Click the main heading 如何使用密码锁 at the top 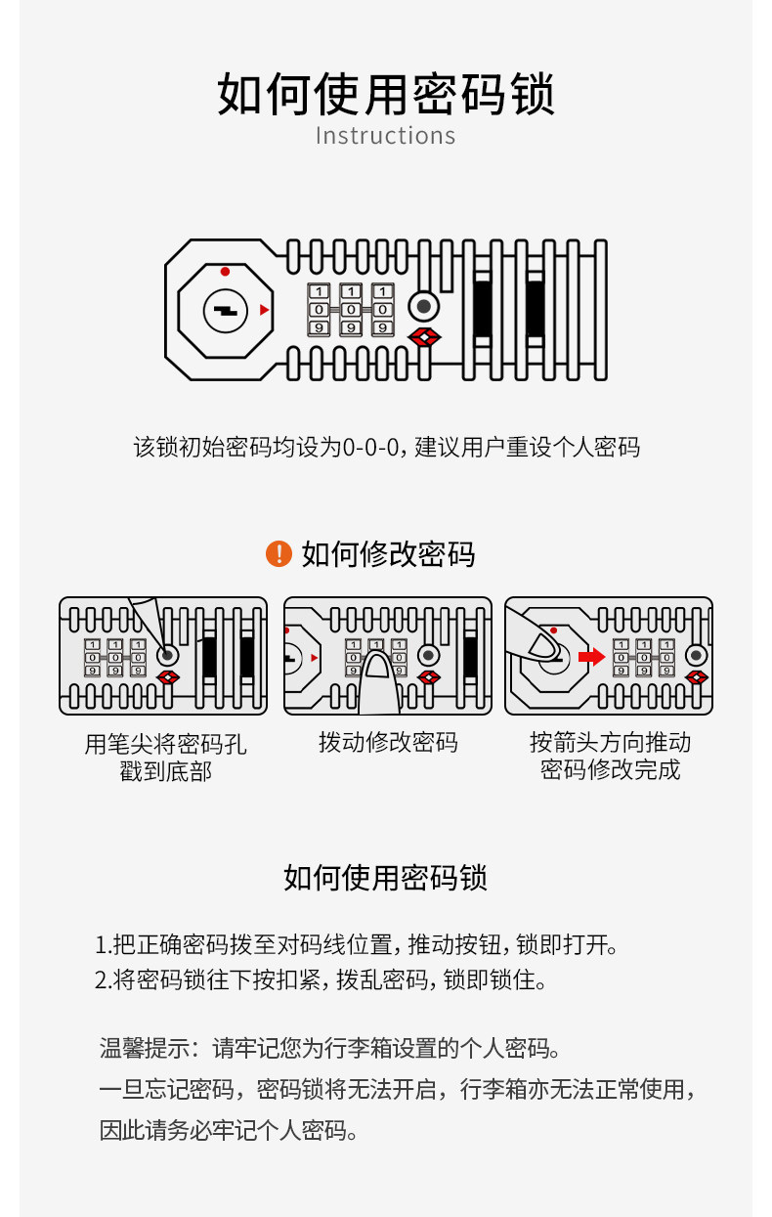(385, 94)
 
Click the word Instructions (385, 136)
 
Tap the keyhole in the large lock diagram (225, 311)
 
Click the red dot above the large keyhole (225, 272)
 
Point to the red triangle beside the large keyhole (264, 311)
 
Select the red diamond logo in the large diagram (423, 338)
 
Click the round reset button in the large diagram (423, 307)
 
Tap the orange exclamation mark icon (279, 553)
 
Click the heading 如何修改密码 (388, 554)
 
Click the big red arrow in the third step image (591, 656)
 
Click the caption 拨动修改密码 (388, 743)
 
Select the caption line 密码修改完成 (610, 769)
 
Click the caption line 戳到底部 (165, 772)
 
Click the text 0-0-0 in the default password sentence (372, 448)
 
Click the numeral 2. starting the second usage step (104, 979)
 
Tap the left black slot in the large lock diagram (482, 307)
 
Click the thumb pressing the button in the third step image (537, 645)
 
